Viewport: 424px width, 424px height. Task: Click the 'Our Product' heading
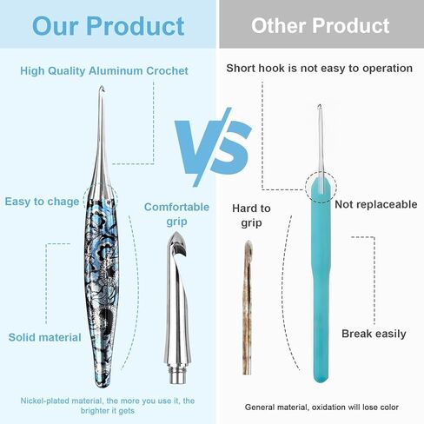[x=109, y=26]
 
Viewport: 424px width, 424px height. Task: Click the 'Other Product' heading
[x=320, y=25]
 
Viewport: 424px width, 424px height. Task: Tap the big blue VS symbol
[x=213, y=147]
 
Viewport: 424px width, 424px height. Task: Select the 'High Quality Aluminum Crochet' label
[x=104, y=71]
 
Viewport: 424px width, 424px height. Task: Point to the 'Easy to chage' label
[x=42, y=202]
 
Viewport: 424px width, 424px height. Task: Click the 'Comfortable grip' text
[x=176, y=214]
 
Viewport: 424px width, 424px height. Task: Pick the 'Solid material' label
[x=44, y=337]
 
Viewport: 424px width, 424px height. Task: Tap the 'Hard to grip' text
[x=251, y=215]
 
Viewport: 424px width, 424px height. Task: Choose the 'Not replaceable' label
[x=376, y=204]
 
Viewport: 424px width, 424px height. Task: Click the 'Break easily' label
[x=374, y=334]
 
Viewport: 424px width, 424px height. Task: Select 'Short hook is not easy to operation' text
[x=320, y=69]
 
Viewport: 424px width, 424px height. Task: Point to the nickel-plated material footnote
[x=108, y=406]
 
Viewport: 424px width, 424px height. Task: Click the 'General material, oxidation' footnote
[x=321, y=407]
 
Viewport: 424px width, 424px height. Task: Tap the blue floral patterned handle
[x=102, y=289]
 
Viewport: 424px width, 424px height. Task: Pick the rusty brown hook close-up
[x=248, y=307]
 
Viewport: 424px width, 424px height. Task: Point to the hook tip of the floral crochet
[x=102, y=88]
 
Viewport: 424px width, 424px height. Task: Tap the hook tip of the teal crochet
[x=320, y=107]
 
